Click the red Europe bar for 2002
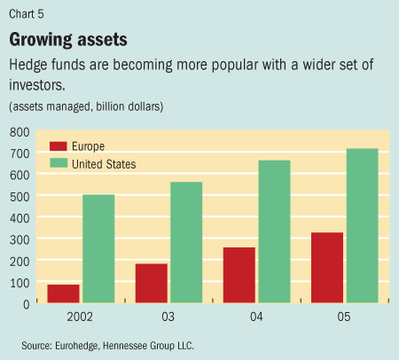coord(64,293)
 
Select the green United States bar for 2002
coord(98,249)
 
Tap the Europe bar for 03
coord(151,283)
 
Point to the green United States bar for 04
coord(273,231)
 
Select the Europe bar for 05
coord(326,268)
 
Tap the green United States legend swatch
coord(59,164)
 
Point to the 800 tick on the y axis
coord(19,131)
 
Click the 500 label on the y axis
coord(19,196)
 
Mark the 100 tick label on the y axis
coord(19,282)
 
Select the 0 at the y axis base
coord(26,303)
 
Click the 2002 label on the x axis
coord(81,317)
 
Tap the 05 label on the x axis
coord(344,317)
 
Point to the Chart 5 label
coord(27,12)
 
